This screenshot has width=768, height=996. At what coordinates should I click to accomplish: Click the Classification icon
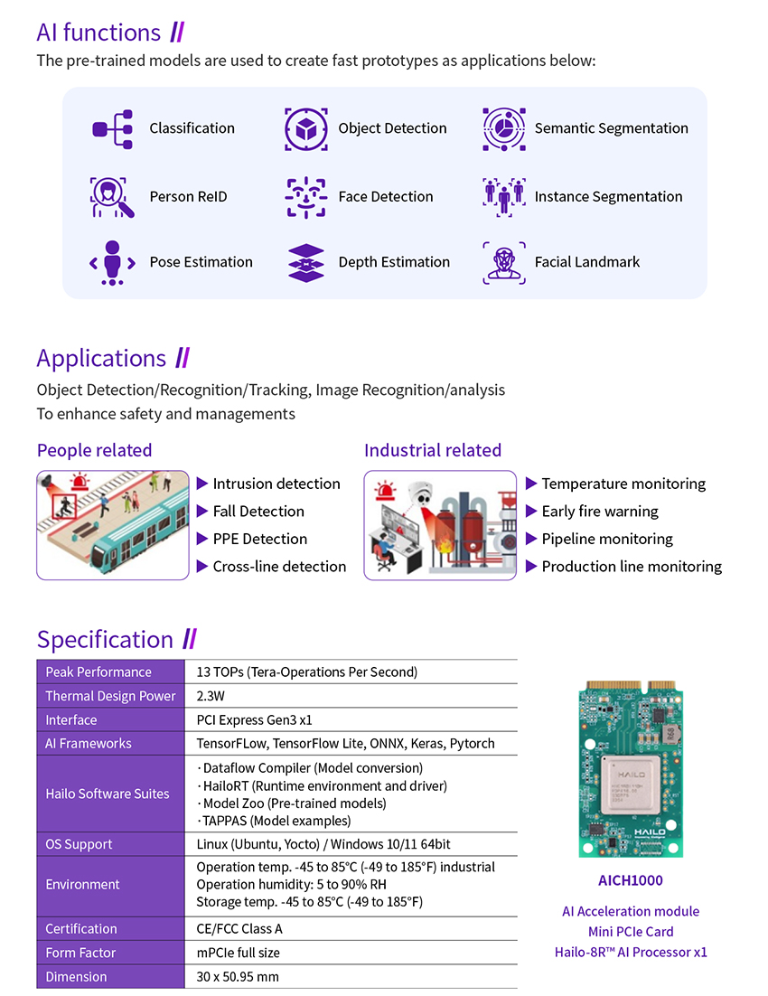point(112,129)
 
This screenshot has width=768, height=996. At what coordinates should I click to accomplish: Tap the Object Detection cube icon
point(306,129)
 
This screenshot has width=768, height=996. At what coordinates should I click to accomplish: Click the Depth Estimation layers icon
point(306,262)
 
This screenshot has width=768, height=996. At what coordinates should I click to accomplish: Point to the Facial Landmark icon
point(504,262)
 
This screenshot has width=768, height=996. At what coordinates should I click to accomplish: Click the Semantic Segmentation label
point(611,128)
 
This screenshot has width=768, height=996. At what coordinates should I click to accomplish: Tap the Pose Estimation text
point(201,262)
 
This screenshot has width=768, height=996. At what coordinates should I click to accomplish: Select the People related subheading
point(95,450)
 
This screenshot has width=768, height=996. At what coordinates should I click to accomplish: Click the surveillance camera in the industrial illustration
point(420,493)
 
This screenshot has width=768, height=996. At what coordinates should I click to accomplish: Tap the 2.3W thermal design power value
point(211,696)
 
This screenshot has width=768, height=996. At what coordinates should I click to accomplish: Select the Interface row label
point(71,720)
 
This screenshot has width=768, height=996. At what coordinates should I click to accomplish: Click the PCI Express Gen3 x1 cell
point(254,720)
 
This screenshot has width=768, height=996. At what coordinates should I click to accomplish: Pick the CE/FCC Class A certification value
point(239,929)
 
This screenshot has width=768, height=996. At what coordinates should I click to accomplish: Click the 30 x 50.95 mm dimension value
point(238,977)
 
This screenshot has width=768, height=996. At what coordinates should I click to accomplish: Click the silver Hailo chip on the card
point(632,786)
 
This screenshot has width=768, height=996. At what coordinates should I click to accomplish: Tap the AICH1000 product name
point(630,880)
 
